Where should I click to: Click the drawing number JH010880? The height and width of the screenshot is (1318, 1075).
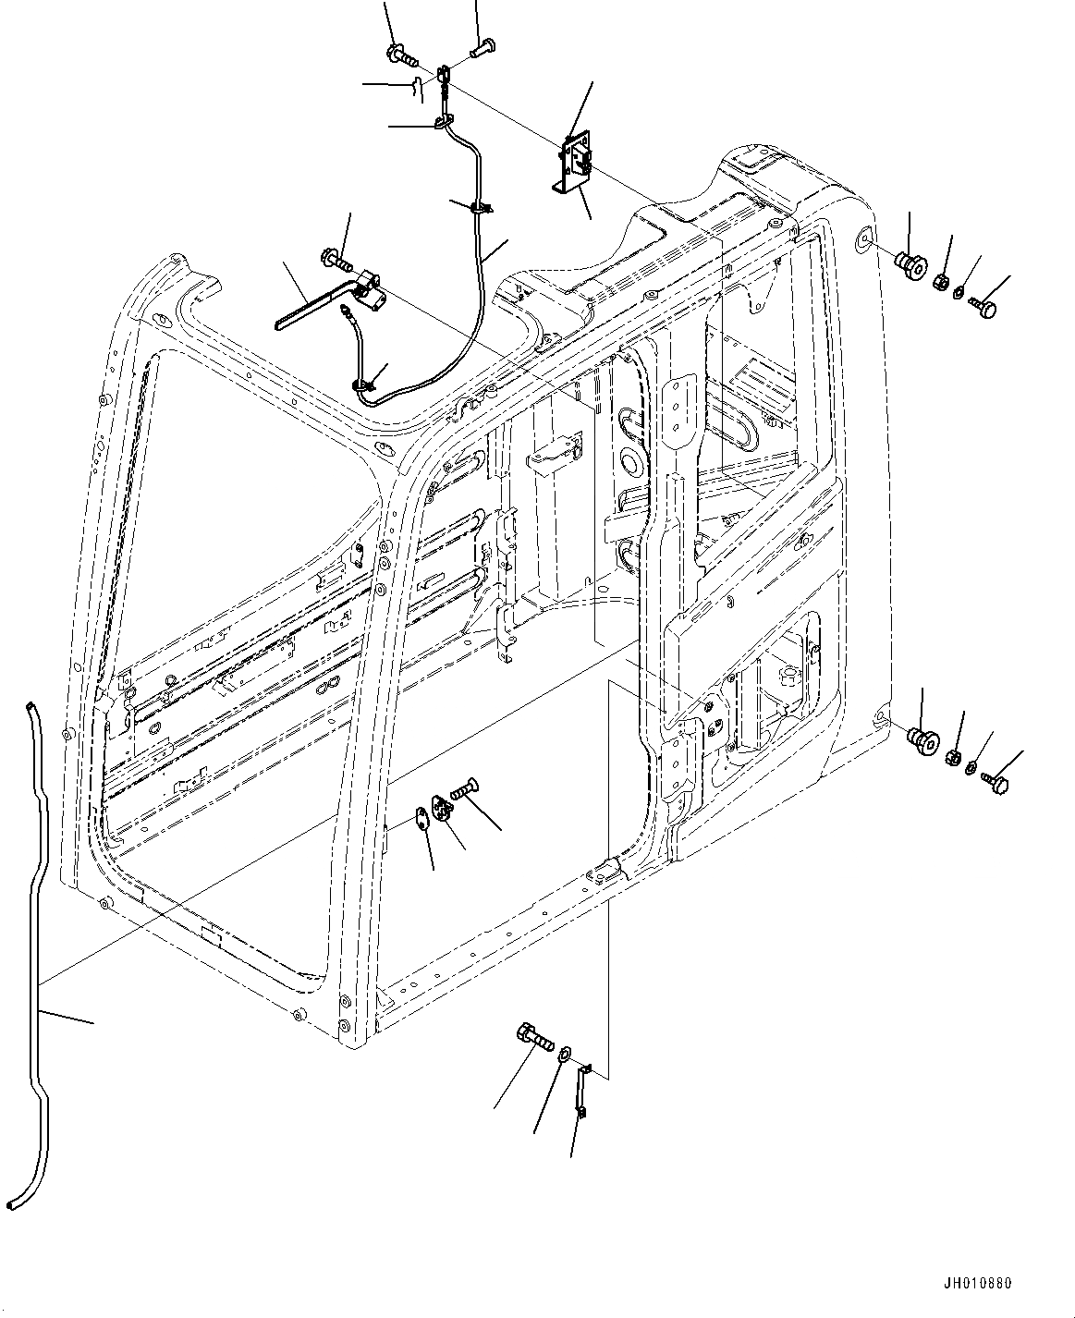coord(977,1284)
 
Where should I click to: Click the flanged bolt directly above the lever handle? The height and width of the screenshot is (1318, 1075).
coord(335,258)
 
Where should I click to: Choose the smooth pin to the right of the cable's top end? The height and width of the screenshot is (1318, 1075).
coord(484,45)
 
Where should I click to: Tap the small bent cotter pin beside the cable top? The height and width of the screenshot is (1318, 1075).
coord(417,89)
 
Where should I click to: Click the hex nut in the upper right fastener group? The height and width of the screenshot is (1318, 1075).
coord(940,280)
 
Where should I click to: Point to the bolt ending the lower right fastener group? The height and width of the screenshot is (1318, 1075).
coord(996,782)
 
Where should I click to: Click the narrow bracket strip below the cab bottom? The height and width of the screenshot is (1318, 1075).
coord(581,1091)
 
